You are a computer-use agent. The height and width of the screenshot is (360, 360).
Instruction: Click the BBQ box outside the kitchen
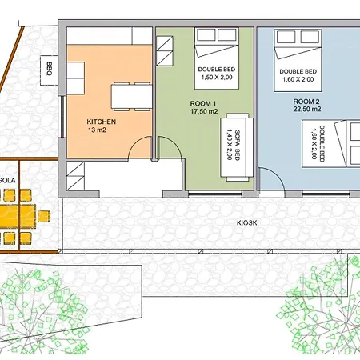49,70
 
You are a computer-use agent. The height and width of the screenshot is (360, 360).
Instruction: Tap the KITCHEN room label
102,122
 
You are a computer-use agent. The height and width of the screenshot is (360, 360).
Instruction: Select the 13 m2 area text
97,130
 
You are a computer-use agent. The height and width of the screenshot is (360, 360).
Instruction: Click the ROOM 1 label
203,103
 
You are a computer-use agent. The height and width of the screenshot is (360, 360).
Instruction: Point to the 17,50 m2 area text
204,111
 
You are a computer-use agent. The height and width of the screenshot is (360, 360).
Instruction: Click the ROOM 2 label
306,102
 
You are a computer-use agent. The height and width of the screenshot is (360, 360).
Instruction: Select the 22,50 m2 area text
307,109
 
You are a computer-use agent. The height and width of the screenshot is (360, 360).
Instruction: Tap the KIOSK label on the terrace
247,222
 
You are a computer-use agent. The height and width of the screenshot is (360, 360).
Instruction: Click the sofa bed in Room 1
237,147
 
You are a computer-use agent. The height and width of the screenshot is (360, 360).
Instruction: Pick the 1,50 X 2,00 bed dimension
217,78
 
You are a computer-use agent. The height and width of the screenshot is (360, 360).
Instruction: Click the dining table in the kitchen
132,96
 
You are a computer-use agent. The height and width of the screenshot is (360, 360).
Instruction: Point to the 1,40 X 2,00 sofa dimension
229,145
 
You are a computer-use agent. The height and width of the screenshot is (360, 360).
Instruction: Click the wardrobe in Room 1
165,51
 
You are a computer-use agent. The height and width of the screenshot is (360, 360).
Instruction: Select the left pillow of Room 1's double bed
206,35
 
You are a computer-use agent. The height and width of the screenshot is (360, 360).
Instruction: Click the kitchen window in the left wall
62,117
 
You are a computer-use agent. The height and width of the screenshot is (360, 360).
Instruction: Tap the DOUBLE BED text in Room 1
217,70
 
